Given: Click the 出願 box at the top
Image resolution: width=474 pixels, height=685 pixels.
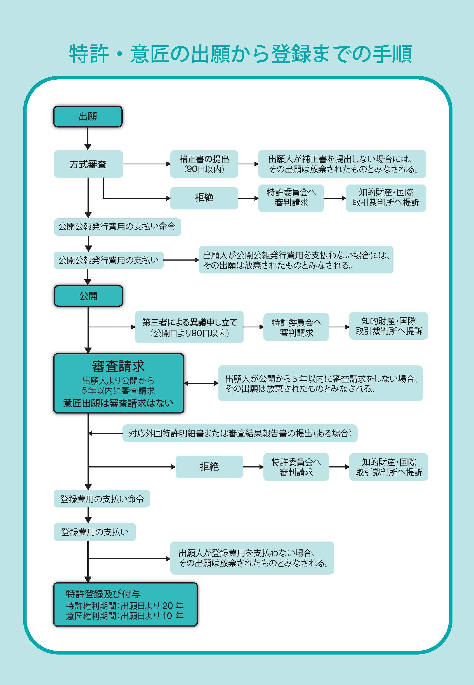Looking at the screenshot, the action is (88, 116).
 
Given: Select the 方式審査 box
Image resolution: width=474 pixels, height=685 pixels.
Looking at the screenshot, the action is (88, 164).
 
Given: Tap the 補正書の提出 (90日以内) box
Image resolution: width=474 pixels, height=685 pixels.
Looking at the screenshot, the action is (204, 164).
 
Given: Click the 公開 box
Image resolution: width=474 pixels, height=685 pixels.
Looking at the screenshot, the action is (88, 296).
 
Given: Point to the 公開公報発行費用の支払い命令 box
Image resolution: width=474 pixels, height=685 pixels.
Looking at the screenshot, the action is (117, 227).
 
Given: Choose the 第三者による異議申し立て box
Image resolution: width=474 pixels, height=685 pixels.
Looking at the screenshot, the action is (189, 327).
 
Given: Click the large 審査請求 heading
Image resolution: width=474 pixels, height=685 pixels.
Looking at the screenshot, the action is (118, 366).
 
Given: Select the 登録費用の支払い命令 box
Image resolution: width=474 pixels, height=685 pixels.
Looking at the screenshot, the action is (102, 499).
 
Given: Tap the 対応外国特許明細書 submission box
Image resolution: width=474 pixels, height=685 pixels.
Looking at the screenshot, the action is (240, 433).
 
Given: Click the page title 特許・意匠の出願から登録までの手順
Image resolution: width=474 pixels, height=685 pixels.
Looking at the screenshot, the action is (241, 54).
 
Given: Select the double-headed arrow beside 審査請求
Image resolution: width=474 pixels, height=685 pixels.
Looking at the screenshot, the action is (201, 383).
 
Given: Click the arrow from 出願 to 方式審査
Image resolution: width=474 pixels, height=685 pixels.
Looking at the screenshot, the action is (88, 139).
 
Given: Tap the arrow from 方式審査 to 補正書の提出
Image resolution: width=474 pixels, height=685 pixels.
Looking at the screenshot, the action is (147, 164).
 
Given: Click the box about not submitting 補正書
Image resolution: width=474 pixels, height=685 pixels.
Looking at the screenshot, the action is (342, 164).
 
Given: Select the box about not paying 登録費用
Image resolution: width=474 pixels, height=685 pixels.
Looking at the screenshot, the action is (252, 558).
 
